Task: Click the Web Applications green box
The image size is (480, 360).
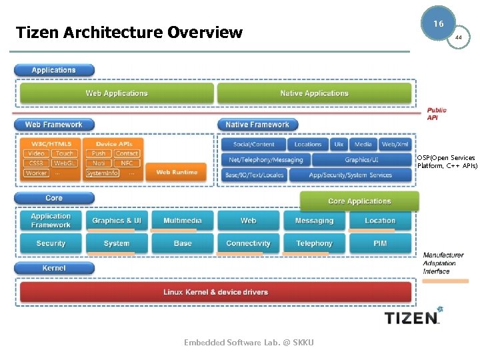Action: point(117,93)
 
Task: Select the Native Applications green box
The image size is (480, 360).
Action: point(314,93)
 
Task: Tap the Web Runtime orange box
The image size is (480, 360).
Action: point(177,172)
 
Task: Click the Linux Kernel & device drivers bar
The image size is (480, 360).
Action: point(215,292)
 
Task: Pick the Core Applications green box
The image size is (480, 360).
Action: point(359,201)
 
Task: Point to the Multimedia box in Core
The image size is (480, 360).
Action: point(183,221)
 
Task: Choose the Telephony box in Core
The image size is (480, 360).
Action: point(314,243)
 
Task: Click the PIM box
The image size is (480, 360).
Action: point(380,243)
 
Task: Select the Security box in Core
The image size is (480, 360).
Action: point(51,243)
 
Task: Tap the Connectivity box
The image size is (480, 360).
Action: point(248,243)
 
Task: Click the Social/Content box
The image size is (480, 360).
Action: point(253,144)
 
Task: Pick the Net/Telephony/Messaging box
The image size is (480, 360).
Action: point(265,160)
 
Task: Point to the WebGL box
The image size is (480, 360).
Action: point(65,163)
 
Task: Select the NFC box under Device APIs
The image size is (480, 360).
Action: point(127,163)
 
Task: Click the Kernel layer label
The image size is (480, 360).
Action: point(54,268)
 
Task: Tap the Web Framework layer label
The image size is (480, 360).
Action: point(54,125)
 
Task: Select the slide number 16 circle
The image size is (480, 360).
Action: point(438,23)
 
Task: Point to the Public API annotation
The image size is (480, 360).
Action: point(437,114)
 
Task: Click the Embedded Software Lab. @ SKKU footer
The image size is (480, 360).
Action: point(249,343)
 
